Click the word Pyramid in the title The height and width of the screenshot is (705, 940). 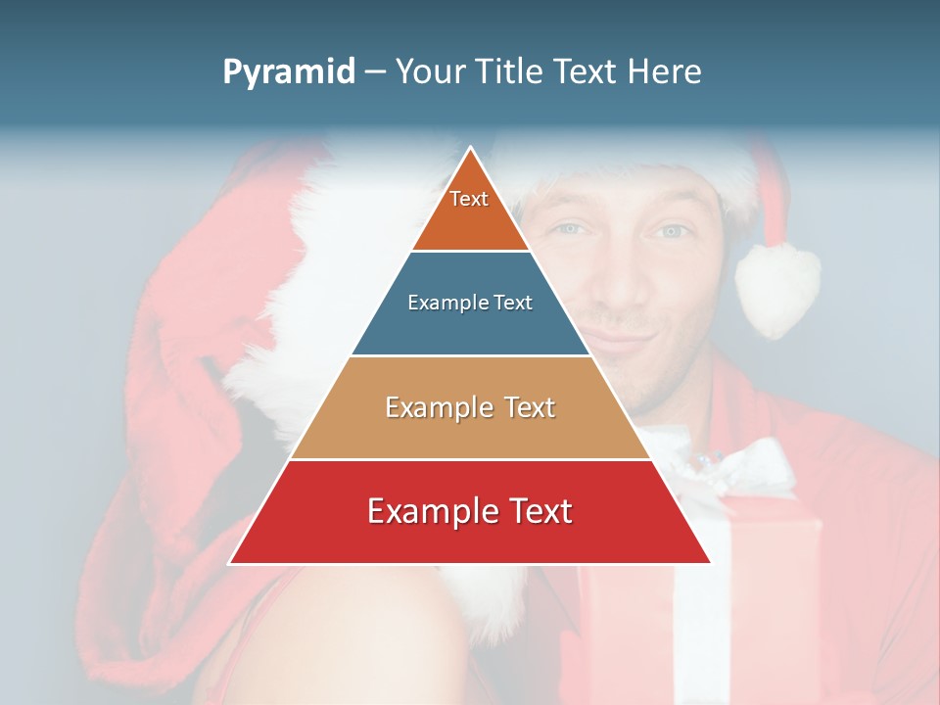click(x=288, y=72)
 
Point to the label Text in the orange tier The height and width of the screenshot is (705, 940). click(x=469, y=199)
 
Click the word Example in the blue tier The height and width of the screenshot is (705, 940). click(x=439, y=303)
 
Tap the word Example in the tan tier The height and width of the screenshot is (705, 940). click(x=436, y=407)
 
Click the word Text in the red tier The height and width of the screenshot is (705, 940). click(x=538, y=511)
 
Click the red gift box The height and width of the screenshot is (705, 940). click(x=774, y=587)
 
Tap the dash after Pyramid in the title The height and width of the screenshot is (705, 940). click(x=375, y=72)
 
